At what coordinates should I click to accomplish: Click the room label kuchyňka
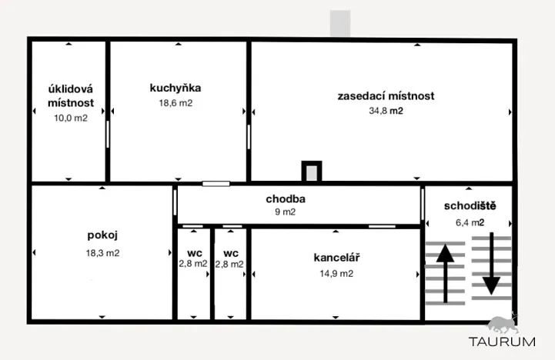(176, 88)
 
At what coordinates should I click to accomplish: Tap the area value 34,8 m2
(386, 111)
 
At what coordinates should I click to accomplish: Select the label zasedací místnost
(386, 96)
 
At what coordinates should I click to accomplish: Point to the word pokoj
(102, 235)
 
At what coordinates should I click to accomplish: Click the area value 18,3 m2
(102, 253)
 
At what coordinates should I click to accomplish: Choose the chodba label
(286, 199)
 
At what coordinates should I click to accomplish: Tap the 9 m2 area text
(286, 212)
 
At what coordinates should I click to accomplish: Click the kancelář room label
(336, 258)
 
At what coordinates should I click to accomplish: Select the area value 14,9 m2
(336, 274)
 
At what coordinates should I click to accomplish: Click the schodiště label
(470, 206)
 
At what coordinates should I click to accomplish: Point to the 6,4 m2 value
(470, 222)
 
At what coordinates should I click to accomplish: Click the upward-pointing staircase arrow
(445, 273)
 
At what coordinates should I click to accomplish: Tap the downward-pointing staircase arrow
(491, 263)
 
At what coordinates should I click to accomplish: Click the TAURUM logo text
(502, 342)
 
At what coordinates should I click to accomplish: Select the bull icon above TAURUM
(503, 324)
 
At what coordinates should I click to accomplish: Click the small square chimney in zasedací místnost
(312, 172)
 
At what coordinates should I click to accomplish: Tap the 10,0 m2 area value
(71, 118)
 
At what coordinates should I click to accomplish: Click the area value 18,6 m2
(176, 103)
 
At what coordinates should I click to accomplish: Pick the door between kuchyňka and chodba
(216, 184)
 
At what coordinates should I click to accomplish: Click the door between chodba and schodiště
(423, 205)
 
